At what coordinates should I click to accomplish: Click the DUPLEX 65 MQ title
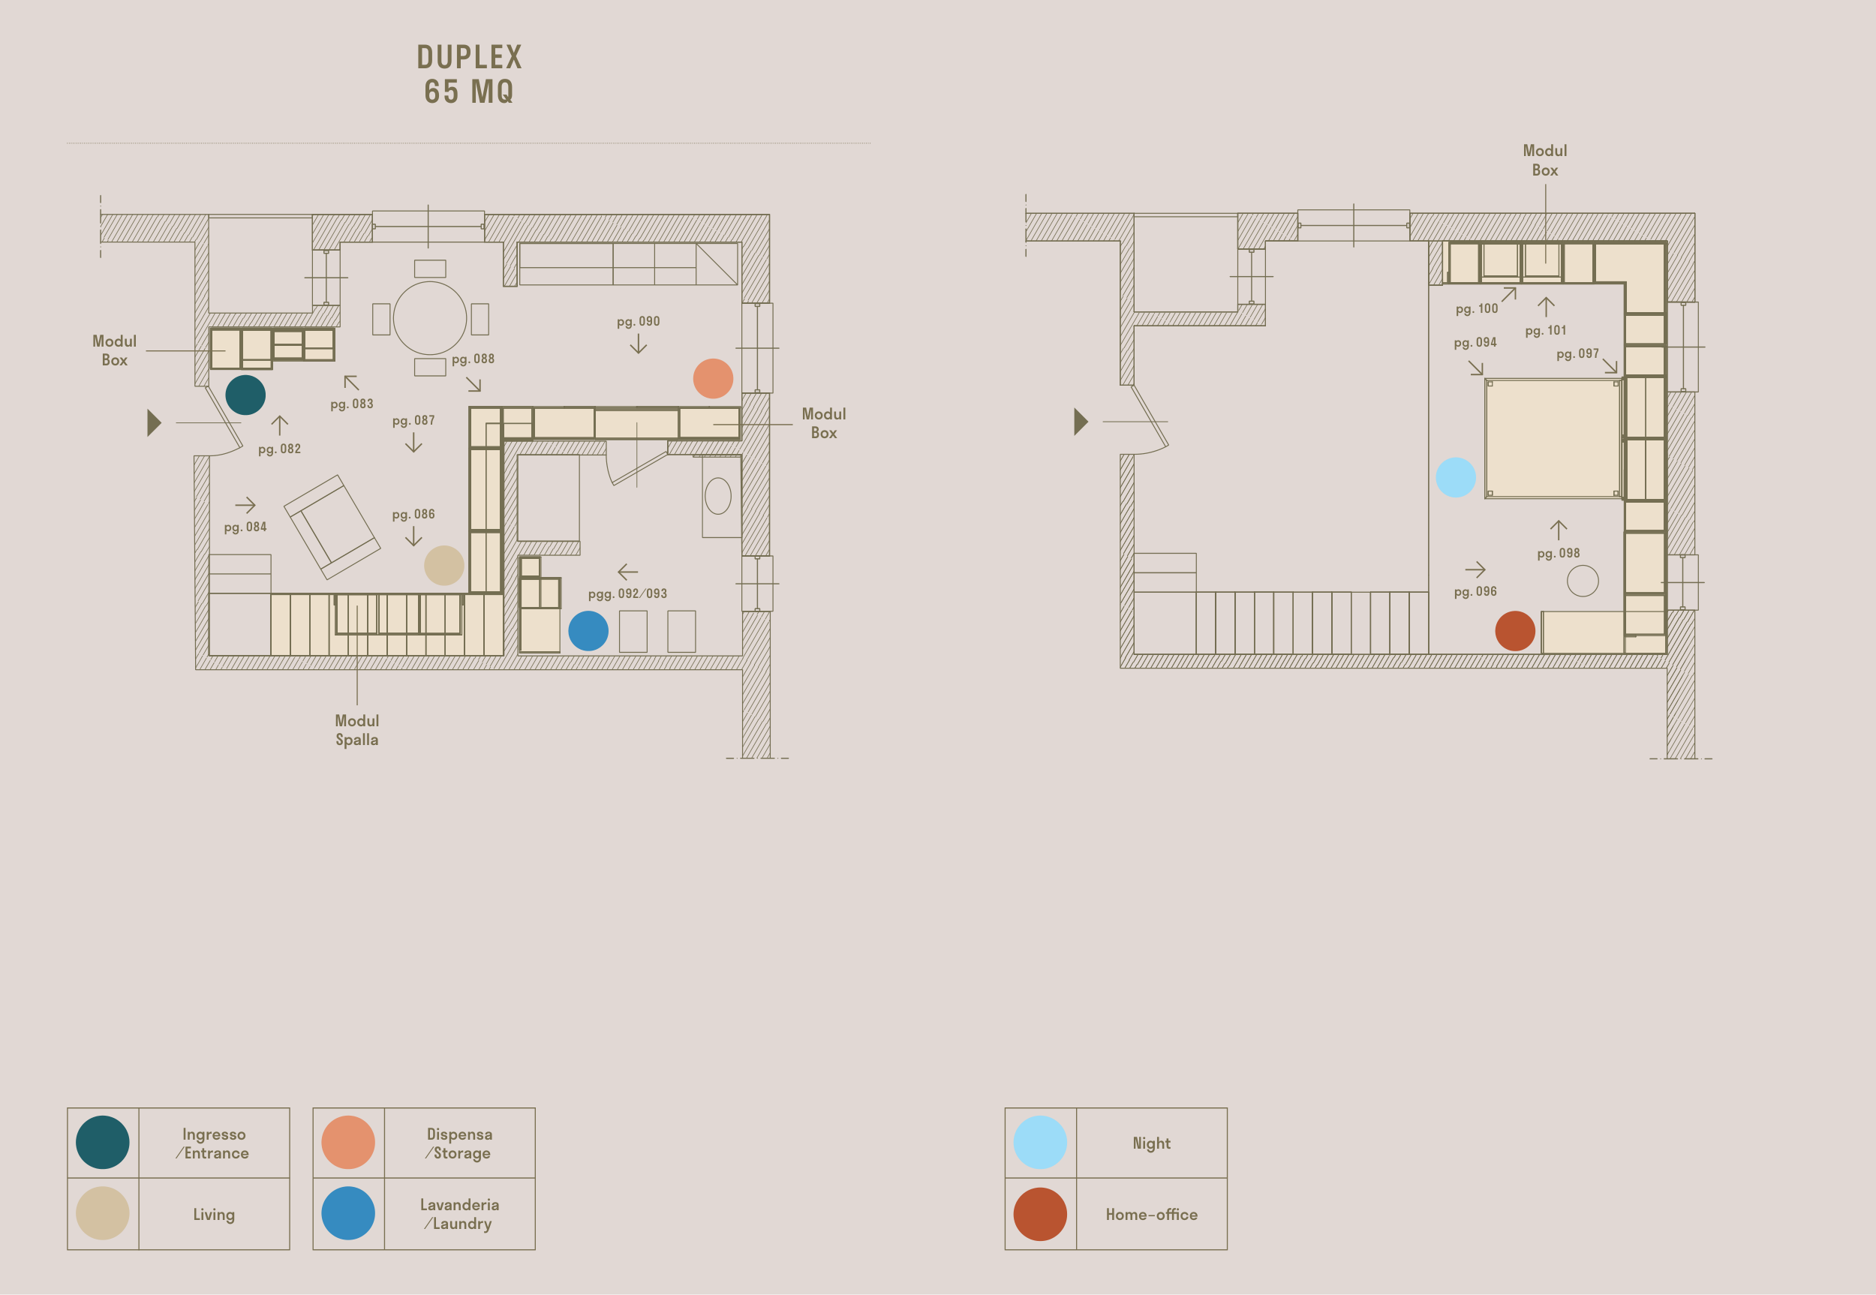(x=469, y=74)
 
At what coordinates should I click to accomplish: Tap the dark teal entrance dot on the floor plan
(x=245, y=395)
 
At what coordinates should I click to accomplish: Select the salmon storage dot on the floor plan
(x=713, y=378)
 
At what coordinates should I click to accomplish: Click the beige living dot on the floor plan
(x=443, y=566)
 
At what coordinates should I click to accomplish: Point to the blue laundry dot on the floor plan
(x=588, y=630)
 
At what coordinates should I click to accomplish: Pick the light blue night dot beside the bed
(x=1456, y=477)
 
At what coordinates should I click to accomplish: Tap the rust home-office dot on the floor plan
(x=1515, y=630)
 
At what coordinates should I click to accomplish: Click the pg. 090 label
(x=639, y=321)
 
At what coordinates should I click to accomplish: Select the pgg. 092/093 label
(x=628, y=594)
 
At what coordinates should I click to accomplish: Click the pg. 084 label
(x=245, y=527)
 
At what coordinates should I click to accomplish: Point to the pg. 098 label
(x=1558, y=554)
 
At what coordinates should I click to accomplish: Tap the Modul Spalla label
(x=357, y=730)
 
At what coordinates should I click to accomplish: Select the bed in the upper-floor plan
(x=1553, y=438)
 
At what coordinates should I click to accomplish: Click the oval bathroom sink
(x=718, y=497)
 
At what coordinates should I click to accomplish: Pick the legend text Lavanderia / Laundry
(x=459, y=1214)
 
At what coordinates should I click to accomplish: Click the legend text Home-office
(x=1151, y=1215)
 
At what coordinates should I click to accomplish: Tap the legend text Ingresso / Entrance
(x=213, y=1143)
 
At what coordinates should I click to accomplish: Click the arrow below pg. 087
(x=413, y=443)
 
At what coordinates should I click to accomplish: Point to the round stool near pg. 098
(x=1583, y=581)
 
